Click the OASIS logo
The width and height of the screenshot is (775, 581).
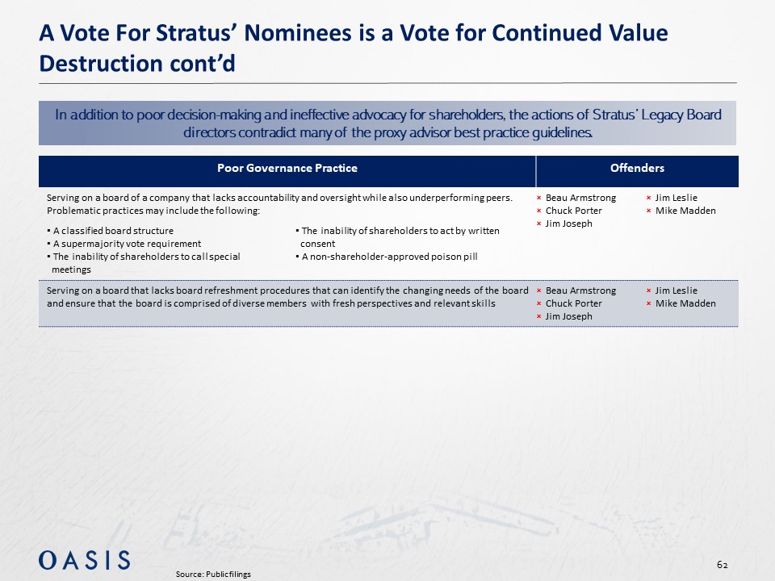[85, 560]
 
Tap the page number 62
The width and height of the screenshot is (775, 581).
[722, 565]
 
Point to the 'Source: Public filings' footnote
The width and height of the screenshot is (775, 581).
[213, 574]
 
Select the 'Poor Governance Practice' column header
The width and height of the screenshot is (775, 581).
[287, 168]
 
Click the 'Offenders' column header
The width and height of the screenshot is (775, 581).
[637, 168]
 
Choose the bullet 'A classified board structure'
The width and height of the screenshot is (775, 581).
[111, 231]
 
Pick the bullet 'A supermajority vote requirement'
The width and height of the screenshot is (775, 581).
[124, 244]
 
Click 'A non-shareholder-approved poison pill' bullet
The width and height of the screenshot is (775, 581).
[387, 257]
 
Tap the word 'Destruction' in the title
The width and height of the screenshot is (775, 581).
[100, 64]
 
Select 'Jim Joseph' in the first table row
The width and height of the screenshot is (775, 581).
[568, 224]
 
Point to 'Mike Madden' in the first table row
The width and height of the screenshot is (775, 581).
[685, 211]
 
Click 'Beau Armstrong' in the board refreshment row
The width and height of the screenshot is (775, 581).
[580, 290]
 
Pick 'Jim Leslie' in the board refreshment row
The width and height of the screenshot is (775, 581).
[677, 290]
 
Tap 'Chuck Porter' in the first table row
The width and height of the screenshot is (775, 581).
[573, 211]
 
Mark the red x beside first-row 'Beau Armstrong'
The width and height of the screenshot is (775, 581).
[539, 199]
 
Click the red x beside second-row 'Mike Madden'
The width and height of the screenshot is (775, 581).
[649, 304]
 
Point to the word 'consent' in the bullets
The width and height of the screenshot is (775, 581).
[318, 244]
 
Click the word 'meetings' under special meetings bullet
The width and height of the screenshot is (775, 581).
[71, 270]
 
